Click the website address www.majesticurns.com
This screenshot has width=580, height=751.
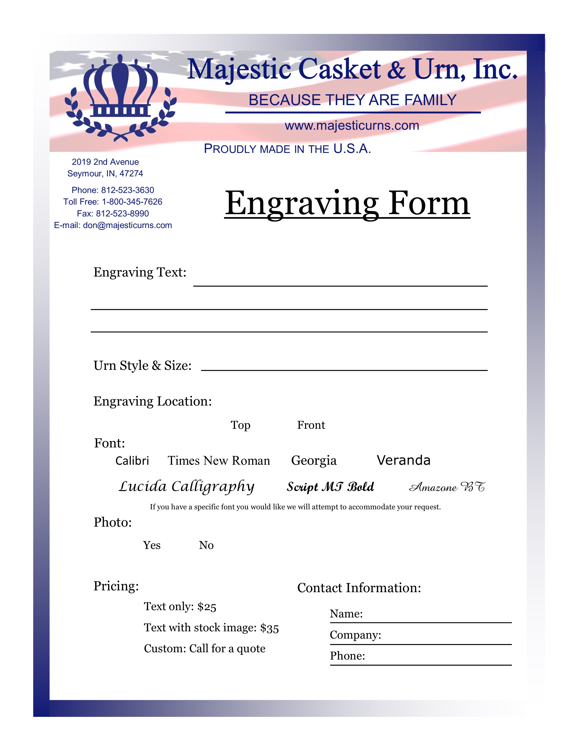click(352, 126)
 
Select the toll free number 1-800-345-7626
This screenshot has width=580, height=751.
click(132, 202)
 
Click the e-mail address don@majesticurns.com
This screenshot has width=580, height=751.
click(127, 225)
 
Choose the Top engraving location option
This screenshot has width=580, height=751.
click(240, 425)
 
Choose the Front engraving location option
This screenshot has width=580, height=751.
click(311, 425)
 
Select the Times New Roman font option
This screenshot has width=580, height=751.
click(219, 460)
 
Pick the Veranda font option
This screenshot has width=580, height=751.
click(403, 460)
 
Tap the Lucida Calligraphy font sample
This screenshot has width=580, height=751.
click(187, 487)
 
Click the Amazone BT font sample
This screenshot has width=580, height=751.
click(447, 487)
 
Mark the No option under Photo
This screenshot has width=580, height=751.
click(206, 545)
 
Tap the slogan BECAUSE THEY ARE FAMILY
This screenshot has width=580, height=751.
click(353, 100)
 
